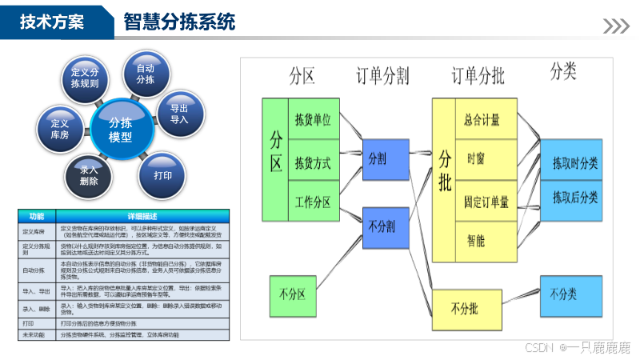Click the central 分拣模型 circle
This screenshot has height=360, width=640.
tap(121, 129)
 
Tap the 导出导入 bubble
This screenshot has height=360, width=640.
tap(178, 114)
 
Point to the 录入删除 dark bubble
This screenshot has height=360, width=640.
tap(89, 175)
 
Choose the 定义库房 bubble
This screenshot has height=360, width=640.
tap(60, 129)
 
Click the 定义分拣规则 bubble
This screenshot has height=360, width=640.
tap(85, 78)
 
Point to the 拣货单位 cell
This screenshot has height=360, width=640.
tap(313, 120)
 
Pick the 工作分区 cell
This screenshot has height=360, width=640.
tap(313, 201)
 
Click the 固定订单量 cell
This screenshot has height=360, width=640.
tap(486, 201)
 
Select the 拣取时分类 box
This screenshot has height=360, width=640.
tap(575, 163)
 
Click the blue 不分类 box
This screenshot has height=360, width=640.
tap(569, 294)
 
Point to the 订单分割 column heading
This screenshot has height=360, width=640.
tap(382, 76)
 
